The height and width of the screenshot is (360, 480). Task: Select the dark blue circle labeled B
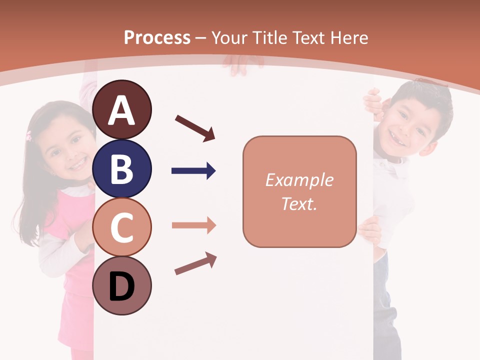pos(122,168)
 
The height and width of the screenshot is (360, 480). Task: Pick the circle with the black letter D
pos(122,286)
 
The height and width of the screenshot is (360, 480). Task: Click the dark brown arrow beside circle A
pos(195,128)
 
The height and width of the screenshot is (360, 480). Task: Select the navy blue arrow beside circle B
pos(193,171)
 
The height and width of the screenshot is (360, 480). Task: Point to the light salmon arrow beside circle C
pos(193,225)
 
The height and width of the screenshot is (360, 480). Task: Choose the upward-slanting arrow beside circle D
pos(195,263)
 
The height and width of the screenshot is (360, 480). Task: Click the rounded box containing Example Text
pos(299,191)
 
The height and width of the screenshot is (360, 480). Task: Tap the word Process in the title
pos(157,37)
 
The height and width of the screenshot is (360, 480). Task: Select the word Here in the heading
pos(349,37)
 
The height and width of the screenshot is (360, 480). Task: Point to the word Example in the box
pos(299,180)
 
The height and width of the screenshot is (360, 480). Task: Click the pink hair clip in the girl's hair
pos(29,135)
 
